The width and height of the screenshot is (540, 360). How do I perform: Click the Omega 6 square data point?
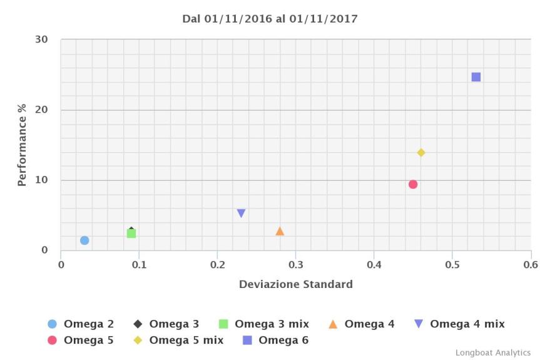coord(476,77)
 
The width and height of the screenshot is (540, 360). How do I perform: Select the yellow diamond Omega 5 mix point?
coord(421,153)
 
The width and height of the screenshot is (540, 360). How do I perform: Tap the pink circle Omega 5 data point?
coord(413,184)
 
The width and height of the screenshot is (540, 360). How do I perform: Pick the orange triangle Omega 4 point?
coord(280,232)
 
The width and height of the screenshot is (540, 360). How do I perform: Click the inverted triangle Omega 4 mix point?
coord(241,213)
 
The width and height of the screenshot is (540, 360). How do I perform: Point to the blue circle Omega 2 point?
coord(84,240)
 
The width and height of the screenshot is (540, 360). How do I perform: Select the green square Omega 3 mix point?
coord(131,234)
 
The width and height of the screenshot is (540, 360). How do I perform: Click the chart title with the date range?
coord(270,19)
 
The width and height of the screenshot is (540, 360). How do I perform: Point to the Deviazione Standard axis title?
coord(295,284)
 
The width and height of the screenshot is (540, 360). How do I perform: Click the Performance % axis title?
coord(22,145)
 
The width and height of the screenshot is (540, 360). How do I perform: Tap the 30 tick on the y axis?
coord(41,39)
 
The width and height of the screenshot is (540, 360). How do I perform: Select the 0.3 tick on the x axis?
coord(295,264)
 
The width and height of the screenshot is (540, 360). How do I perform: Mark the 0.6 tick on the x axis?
coord(530,264)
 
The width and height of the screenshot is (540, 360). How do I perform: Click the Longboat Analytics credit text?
coord(492,352)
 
